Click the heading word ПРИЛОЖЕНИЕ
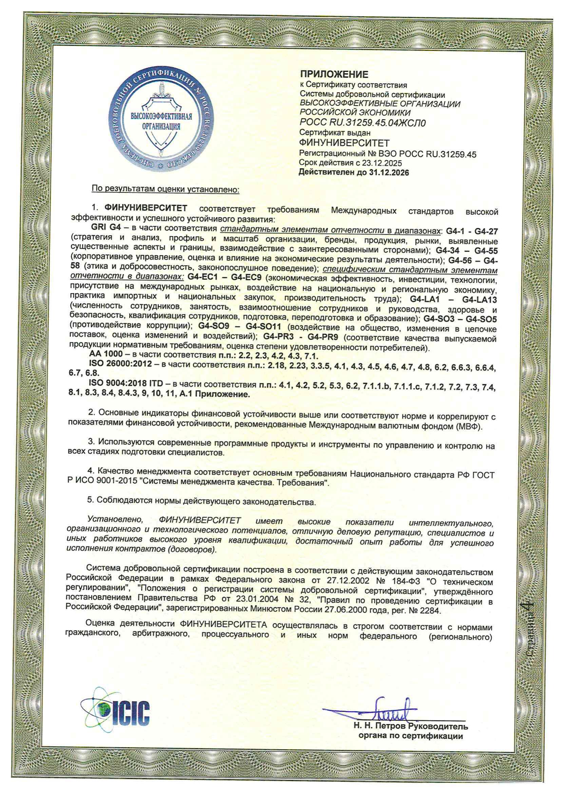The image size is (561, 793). point(334,74)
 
